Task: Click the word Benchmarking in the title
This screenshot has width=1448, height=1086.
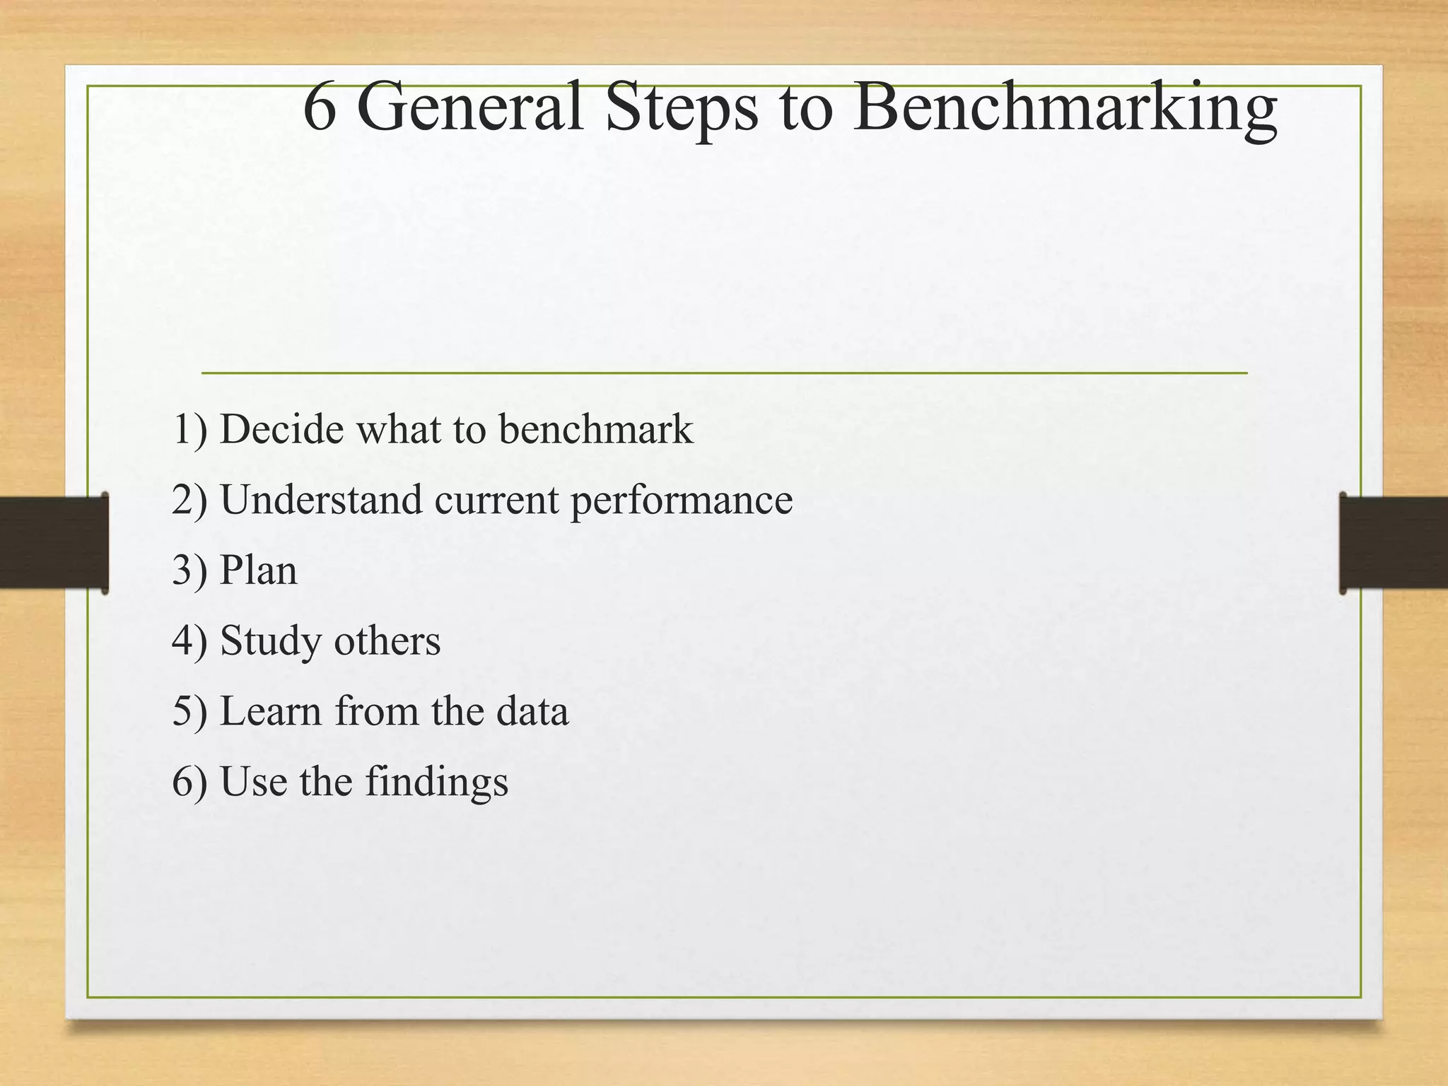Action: click(x=1065, y=107)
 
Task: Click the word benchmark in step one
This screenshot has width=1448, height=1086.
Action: click(x=595, y=429)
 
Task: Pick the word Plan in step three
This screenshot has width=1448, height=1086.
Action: click(x=258, y=571)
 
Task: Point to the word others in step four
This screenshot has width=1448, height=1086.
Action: click(x=387, y=641)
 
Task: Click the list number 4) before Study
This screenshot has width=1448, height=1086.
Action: click(x=189, y=641)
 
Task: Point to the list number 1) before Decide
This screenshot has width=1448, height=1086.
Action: click(x=189, y=430)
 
